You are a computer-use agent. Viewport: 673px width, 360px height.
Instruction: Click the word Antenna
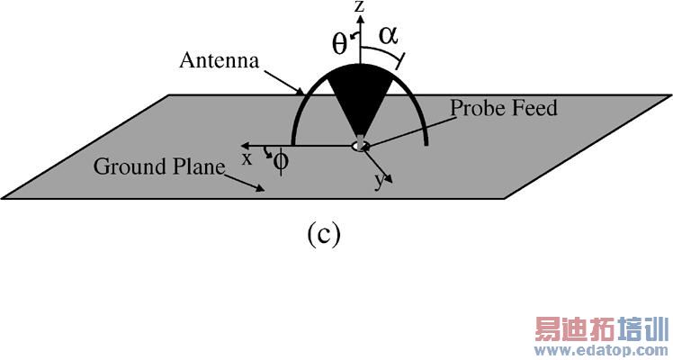tap(219, 61)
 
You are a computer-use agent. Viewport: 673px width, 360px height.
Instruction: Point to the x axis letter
tap(247, 158)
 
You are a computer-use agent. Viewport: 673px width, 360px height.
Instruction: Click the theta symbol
tap(341, 42)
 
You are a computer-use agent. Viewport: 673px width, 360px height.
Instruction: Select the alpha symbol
tap(388, 35)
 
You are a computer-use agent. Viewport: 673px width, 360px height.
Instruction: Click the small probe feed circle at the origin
tap(359, 146)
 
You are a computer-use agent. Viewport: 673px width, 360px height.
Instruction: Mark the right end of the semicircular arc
tap(427, 143)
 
